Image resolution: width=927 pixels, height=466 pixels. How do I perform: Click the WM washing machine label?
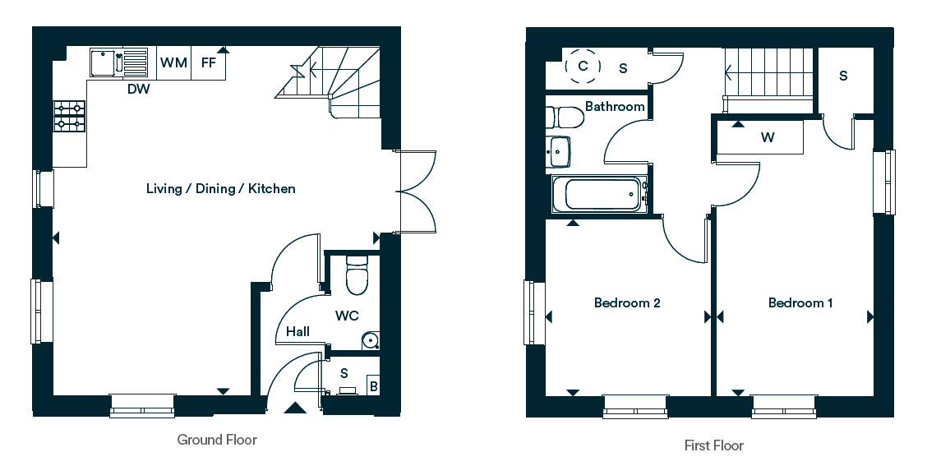pyautogui.click(x=174, y=62)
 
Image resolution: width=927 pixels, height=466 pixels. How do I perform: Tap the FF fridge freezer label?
pyautogui.click(x=208, y=62)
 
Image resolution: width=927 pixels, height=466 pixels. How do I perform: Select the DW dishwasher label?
pyautogui.click(x=139, y=90)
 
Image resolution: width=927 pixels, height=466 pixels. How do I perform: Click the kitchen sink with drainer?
pyautogui.click(x=118, y=62)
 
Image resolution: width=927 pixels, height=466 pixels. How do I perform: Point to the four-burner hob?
pyautogui.click(x=70, y=116)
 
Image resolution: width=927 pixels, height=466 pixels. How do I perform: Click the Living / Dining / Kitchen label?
pyautogui.click(x=220, y=189)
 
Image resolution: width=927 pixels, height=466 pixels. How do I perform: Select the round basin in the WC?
pyautogui.click(x=371, y=340)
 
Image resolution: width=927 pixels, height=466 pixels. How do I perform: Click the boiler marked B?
pyautogui.click(x=373, y=386)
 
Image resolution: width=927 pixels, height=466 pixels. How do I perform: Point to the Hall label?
pyautogui.click(x=297, y=332)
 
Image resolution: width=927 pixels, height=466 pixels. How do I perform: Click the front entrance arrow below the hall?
pyautogui.click(x=295, y=408)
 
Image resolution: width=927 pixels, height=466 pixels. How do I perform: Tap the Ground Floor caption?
pyautogui.click(x=217, y=440)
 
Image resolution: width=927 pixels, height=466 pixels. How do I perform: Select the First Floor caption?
pyautogui.click(x=713, y=445)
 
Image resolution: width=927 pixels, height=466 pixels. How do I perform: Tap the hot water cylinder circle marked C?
pyautogui.click(x=583, y=66)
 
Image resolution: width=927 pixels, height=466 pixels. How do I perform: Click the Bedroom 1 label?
pyautogui.click(x=800, y=302)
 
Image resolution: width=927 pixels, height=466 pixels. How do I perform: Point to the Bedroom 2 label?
pyautogui.click(x=627, y=302)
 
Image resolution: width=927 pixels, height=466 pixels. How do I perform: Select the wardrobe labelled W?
pyautogui.click(x=760, y=137)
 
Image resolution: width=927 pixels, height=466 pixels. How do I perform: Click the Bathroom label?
pyautogui.click(x=615, y=107)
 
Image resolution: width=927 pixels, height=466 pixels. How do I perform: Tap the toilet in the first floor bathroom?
pyautogui.click(x=565, y=117)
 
